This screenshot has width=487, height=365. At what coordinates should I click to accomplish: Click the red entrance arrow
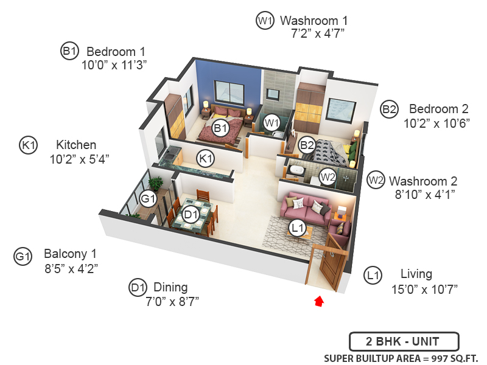coord(318,301)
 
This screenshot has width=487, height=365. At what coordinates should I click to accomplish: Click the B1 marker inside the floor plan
coord(220,128)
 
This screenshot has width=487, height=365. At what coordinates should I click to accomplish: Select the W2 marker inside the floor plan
coord(328,177)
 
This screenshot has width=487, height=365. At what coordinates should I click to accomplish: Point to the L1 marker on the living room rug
coord(297,228)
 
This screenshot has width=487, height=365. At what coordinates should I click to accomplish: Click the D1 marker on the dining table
coord(191,215)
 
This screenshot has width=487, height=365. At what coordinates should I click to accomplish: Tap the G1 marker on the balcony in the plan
coord(149,198)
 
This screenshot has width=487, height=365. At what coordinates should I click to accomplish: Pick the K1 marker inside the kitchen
coord(206,159)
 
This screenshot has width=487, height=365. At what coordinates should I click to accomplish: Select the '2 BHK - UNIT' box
coord(404,341)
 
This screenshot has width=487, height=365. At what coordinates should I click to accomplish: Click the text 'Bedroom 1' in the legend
coord(116,51)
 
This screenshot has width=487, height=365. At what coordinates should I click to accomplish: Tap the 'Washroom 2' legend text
coord(423,181)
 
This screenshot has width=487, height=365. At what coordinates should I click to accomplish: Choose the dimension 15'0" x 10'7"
coord(424,288)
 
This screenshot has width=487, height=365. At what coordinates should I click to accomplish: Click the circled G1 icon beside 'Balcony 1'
coord(23,257)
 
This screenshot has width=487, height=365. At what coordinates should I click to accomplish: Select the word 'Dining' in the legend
coord(170,287)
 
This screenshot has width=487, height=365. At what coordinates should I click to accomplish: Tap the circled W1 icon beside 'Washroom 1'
coord(264,21)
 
